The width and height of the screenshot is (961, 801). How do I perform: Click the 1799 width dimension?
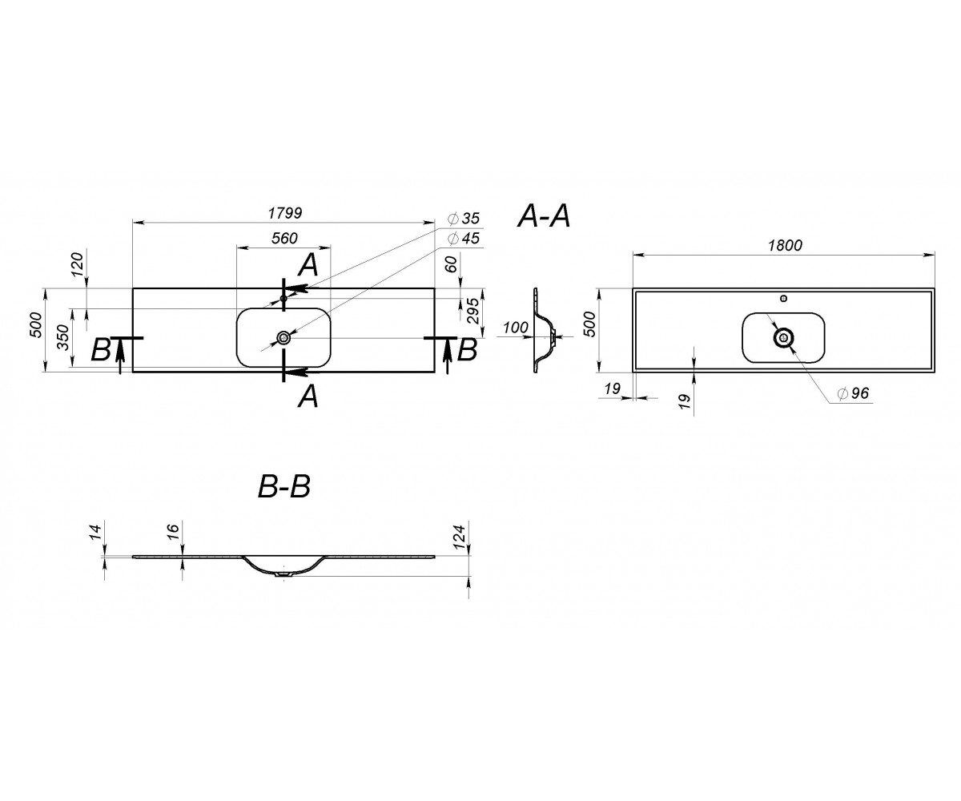pos(285,213)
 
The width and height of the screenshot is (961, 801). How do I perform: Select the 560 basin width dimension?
pos(284,238)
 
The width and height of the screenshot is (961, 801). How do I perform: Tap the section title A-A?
pos(544,216)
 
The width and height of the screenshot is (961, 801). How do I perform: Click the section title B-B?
pos(284,486)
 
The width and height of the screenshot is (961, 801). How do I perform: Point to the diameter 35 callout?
pos(464,218)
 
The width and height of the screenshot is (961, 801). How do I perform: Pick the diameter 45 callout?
pos(464,239)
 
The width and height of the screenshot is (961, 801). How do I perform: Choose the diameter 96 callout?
pos(854,393)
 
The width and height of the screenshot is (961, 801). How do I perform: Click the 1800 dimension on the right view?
pos(785,245)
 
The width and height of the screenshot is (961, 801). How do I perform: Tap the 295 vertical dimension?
pos(473,312)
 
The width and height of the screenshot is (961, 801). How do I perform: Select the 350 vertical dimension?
pos(63,338)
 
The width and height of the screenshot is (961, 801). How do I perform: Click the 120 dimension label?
pos(78,264)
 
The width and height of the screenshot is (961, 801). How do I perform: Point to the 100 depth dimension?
pos(516,328)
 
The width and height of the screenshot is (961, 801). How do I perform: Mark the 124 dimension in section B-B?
pos(460,537)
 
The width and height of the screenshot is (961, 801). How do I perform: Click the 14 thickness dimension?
pos(94,532)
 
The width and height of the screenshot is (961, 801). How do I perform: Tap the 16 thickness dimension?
pos(173,532)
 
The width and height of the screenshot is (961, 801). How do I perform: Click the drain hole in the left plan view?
pos(283,338)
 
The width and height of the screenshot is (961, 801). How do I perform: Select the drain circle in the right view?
pos(783,338)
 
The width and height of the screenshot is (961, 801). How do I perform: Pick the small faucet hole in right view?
pos(784,298)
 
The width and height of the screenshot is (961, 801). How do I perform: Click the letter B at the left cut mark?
pos(100,351)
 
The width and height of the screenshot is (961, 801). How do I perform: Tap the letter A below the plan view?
pos(308,396)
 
